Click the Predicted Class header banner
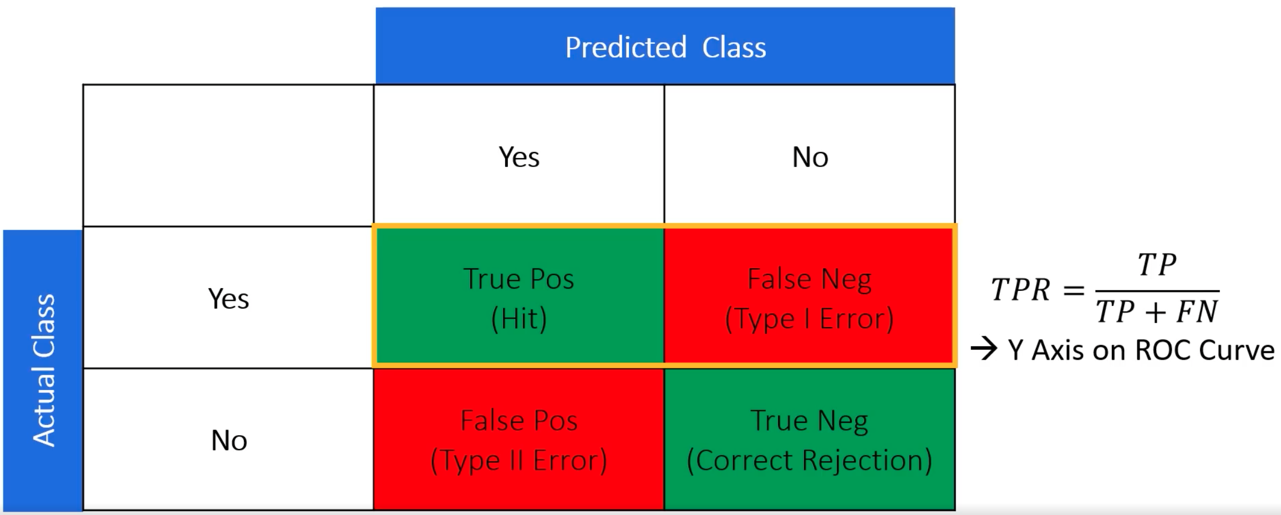click(665, 46)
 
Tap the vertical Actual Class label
click(43, 370)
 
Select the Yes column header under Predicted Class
click(519, 156)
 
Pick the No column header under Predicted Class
click(810, 156)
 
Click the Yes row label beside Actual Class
click(228, 299)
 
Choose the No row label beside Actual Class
click(229, 441)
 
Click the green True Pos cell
click(519, 297)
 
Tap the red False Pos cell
click(519, 439)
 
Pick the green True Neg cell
click(810, 439)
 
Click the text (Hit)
click(519, 319)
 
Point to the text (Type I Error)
click(810, 319)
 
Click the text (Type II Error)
click(519, 461)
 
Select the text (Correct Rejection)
click(810, 461)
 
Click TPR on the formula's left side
click(1020, 290)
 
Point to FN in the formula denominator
click(1197, 311)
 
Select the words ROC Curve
click(1205, 350)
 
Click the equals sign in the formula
click(1074, 290)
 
